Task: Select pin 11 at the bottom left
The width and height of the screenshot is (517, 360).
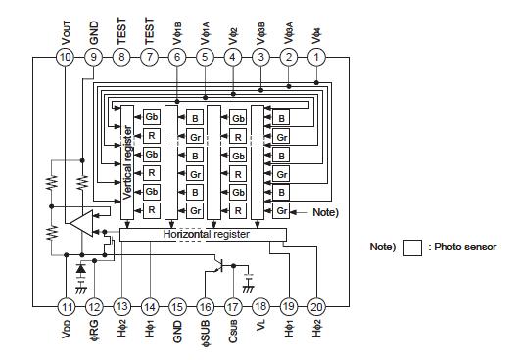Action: tap(65, 306)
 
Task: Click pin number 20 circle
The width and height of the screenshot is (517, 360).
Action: tap(316, 306)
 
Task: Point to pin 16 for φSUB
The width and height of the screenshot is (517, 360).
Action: tap(205, 306)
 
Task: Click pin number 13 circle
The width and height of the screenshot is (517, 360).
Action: tap(120, 306)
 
